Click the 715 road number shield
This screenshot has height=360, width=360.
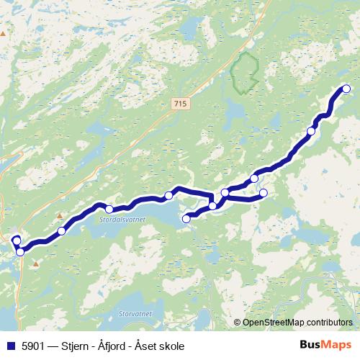click(180, 104)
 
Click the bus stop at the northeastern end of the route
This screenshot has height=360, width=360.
click(346, 89)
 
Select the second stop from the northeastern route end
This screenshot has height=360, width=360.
click(312, 131)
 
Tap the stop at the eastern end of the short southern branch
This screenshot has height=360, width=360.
click(264, 192)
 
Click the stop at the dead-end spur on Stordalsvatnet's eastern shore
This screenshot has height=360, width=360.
click(186, 218)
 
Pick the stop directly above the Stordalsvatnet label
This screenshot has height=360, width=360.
click(109, 210)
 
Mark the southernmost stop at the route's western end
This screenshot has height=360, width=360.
click(20, 251)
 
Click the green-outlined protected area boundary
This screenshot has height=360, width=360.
click(245, 72)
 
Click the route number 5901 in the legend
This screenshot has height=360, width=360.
click(31, 346)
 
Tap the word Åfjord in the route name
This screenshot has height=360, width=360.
click(109, 346)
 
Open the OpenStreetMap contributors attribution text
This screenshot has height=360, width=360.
click(297, 323)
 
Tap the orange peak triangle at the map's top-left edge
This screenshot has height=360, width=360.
click(3, 34)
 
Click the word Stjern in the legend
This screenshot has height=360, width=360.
click(75, 346)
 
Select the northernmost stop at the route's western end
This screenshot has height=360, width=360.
click(16, 238)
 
